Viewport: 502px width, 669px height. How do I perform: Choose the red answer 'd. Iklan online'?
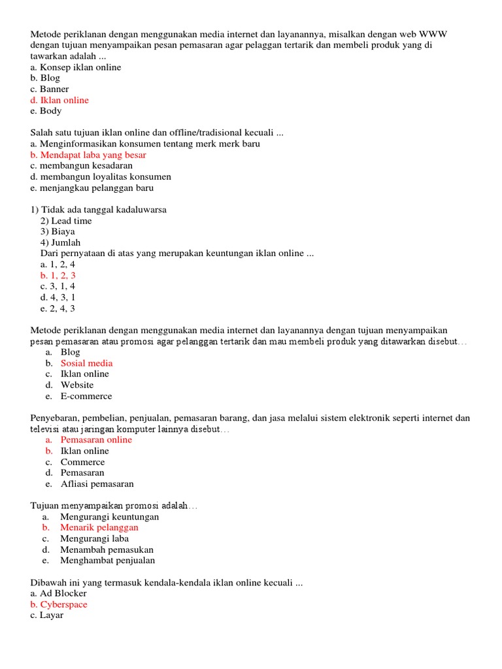59,100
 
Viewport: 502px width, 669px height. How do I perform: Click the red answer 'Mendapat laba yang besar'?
93,155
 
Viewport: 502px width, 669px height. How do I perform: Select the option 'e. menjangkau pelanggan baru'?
92,188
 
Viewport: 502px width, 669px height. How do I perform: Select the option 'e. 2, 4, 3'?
58,308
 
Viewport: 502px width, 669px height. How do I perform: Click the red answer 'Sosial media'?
86,363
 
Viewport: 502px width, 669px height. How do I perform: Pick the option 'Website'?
77,385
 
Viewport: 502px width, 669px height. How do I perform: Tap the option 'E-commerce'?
86,396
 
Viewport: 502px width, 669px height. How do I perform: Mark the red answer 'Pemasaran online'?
96,440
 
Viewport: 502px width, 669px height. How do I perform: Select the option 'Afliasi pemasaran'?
97,484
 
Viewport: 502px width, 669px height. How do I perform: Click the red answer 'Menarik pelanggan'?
99,527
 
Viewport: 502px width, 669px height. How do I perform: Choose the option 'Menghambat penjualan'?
108,561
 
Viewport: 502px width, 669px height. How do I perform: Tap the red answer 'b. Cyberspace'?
59,604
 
